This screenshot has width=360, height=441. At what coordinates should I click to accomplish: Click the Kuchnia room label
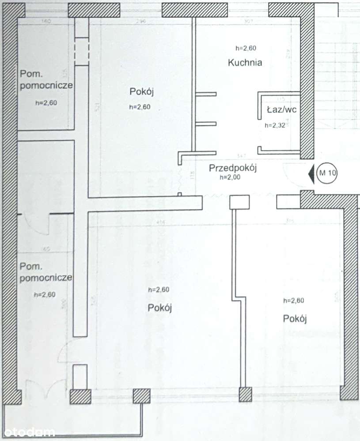click(x=245, y=63)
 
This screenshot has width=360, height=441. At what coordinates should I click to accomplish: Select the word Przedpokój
click(x=233, y=168)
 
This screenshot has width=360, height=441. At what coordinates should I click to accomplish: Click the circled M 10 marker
click(x=327, y=173)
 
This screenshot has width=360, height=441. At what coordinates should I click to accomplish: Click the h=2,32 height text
click(x=275, y=125)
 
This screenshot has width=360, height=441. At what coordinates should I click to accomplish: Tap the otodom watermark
click(x=27, y=432)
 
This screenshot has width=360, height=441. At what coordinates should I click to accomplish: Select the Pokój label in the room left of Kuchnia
click(x=141, y=92)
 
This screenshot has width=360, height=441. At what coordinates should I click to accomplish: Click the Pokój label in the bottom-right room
click(x=295, y=318)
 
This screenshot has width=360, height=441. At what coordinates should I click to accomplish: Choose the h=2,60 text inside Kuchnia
click(x=246, y=49)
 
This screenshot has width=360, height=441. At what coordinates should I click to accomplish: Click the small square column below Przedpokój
click(x=240, y=202)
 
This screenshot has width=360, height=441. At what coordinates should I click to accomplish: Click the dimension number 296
click(x=141, y=22)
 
